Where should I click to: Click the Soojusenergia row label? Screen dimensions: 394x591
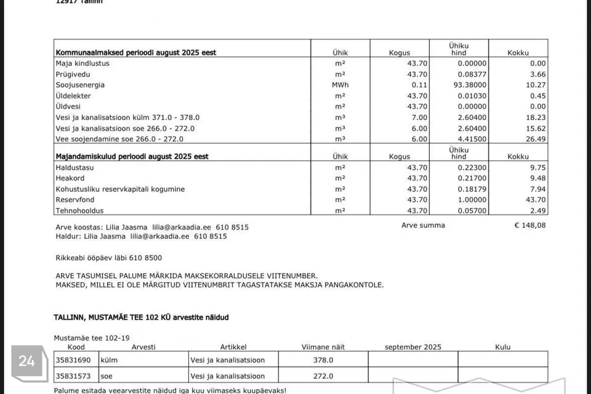[x=80, y=85]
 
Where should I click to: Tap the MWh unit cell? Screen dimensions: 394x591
[x=340, y=85]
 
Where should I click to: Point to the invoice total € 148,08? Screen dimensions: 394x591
[x=530, y=225]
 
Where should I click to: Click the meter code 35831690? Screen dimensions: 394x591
[x=73, y=360]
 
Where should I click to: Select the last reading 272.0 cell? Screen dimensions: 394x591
[x=323, y=376]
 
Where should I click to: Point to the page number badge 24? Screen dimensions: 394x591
[x=27, y=361]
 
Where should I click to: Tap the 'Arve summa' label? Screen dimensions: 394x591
[x=423, y=225]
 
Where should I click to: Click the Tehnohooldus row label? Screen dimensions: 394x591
[x=80, y=211]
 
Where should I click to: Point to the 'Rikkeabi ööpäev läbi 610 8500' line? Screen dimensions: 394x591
[x=108, y=258]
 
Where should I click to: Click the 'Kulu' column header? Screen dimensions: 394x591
[x=502, y=347]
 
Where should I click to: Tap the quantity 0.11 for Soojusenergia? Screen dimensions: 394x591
[x=419, y=85]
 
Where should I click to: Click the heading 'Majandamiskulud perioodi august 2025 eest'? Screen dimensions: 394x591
[x=132, y=156]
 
